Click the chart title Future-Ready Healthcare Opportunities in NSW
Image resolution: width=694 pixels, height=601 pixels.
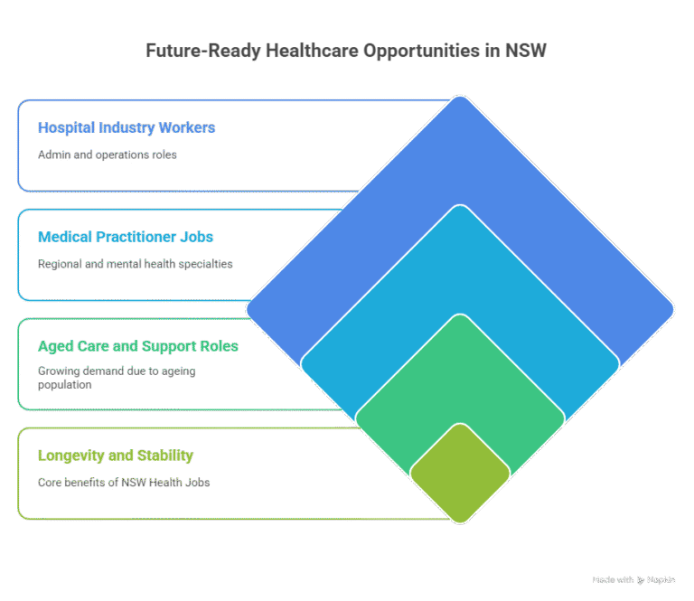(346, 51)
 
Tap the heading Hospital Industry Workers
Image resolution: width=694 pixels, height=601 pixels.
(127, 127)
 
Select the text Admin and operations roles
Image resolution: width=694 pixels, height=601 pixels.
(108, 155)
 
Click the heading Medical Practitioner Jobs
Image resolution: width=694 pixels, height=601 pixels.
(126, 237)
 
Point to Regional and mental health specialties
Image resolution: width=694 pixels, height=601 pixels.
(135, 264)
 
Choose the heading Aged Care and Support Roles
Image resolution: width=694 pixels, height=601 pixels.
(138, 346)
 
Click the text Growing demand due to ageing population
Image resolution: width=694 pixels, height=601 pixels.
(117, 378)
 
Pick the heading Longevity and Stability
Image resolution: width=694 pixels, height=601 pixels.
(116, 455)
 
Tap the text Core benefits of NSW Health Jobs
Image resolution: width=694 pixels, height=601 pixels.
(124, 483)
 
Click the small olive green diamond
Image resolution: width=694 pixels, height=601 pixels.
(460, 474)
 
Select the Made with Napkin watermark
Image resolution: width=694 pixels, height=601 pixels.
(633, 579)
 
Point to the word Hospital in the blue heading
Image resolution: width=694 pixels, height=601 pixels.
(66, 127)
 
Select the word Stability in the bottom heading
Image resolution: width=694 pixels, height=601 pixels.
(165, 455)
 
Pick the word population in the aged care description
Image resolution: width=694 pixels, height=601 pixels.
(65, 385)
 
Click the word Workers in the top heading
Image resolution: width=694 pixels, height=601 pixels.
(187, 127)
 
